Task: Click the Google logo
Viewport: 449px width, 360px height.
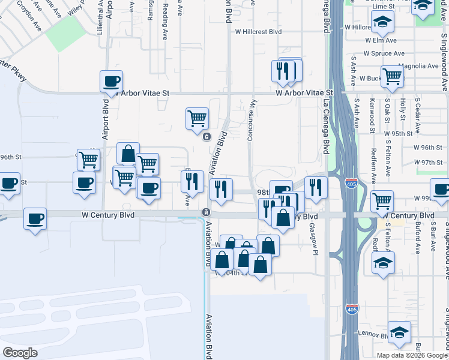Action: pyautogui.click(x=20, y=352)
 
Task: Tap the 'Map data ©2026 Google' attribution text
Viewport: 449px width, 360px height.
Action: pyautogui.click(x=412, y=355)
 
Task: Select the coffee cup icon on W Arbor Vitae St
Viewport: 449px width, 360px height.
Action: pyautogui.click(x=111, y=81)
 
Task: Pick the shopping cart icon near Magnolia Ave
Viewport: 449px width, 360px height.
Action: pyautogui.click(x=392, y=76)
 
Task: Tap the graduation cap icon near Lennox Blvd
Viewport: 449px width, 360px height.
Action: pyautogui.click(x=399, y=331)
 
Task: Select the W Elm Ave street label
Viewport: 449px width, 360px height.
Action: pyautogui.click(x=381, y=40)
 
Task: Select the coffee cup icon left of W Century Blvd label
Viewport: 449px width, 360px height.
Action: pyautogui.click(x=35, y=218)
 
